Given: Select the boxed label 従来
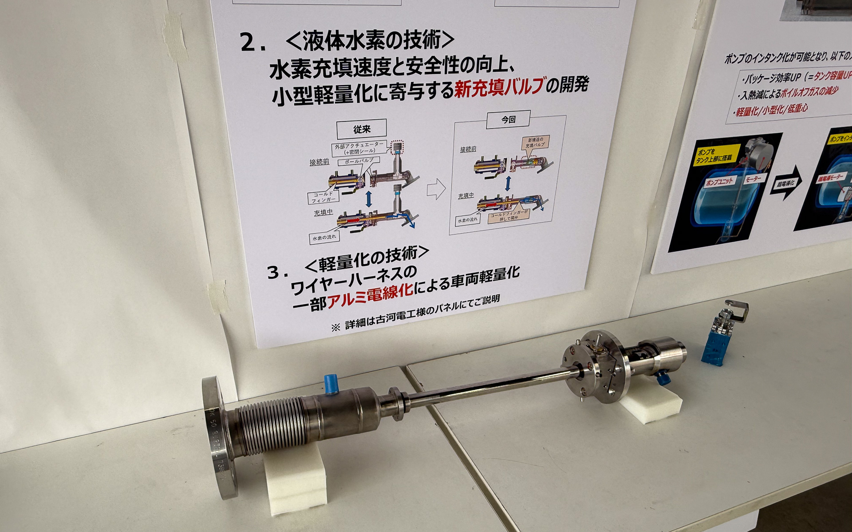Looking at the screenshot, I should [362, 129].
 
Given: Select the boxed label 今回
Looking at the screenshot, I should [508, 120].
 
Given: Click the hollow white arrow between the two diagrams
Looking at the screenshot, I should [436, 190].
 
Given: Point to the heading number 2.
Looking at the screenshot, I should [253, 43].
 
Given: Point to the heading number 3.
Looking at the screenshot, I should [276, 272].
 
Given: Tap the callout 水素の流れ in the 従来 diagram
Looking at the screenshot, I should [324, 238].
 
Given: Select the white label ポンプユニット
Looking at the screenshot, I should [720, 181].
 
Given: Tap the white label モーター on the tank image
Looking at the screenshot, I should [753, 179].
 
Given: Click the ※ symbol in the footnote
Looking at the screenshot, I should [335, 328].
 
